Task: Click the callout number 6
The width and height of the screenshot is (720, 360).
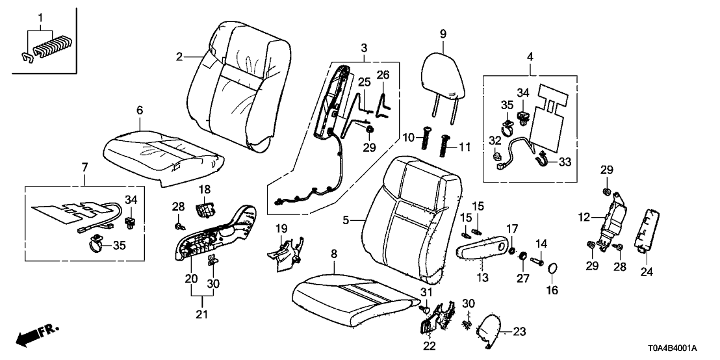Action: (139, 111)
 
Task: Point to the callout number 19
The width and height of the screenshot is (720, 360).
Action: (281, 228)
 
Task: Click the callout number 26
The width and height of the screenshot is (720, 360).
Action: (383, 75)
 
